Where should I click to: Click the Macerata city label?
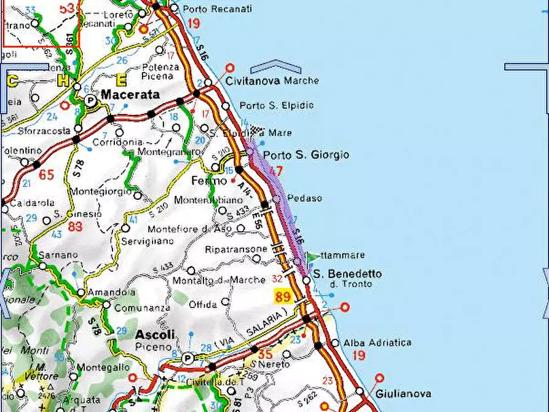pos(130,95)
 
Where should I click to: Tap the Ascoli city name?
pos(155,335)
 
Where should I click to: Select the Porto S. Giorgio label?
pos(306,155)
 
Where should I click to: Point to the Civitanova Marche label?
pos(272,81)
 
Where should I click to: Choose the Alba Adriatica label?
pos(377,343)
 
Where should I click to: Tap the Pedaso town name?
pos(305,199)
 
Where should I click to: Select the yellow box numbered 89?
pos(283,297)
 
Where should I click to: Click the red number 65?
pos(46,175)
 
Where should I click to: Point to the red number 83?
pos(75,226)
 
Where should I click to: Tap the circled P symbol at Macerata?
pos(90,100)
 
